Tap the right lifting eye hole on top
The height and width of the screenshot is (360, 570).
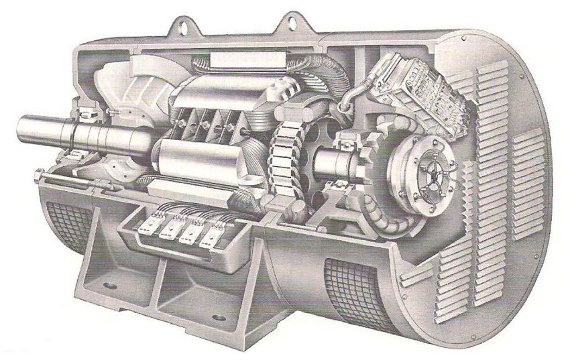[293, 21]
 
